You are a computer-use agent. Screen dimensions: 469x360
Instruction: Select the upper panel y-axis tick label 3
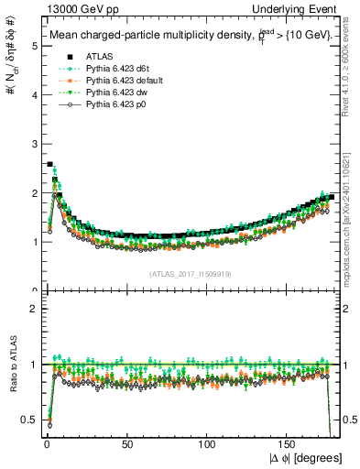(x=34, y=144)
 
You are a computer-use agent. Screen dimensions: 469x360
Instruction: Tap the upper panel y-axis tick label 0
(x=34, y=290)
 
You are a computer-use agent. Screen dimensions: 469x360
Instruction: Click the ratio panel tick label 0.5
(x=30, y=420)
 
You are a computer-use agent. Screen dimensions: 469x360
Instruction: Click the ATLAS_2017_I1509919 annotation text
(x=191, y=274)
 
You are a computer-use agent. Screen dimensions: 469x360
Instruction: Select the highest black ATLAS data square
(x=49, y=164)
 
